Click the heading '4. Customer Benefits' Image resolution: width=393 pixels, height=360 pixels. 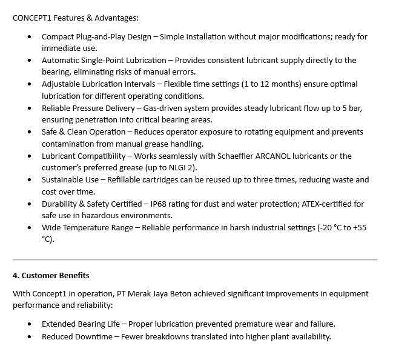(x=51, y=275)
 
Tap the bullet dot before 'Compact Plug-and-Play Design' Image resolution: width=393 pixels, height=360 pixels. (x=31, y=37)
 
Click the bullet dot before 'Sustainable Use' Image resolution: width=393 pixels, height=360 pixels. (x=31, y=180)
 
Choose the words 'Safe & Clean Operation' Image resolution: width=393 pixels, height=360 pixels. (x=83, y=132)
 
